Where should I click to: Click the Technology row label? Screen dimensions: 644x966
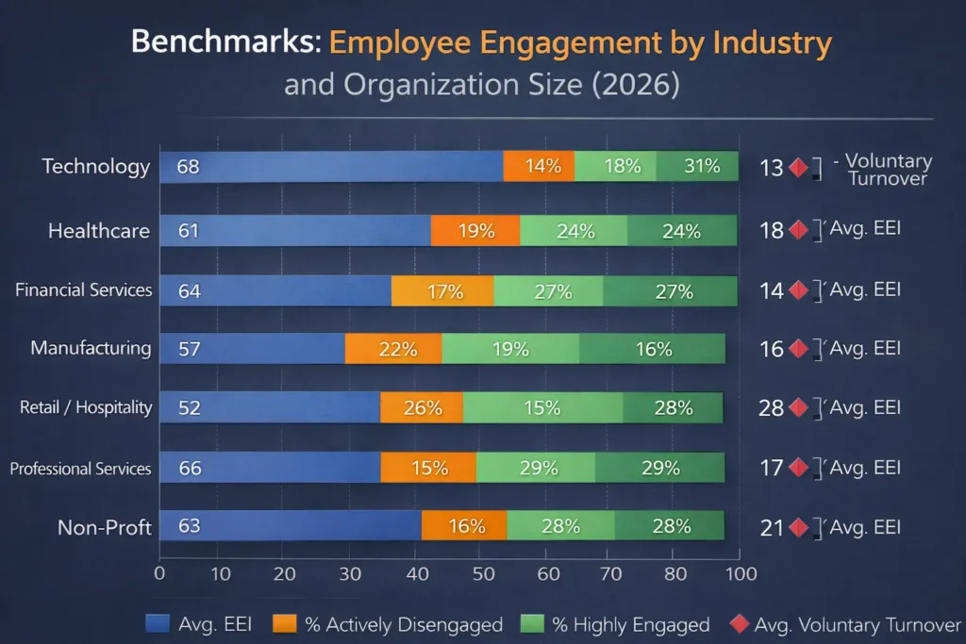pyautogui.click(x=95, y=167)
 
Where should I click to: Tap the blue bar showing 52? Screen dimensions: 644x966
pyautogui.click(x=269, y=408)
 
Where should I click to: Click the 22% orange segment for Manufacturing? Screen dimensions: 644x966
pyautogui.click(x=393, y=349)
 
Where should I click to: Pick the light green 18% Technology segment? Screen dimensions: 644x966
pyautogui.click(x=615, y=167)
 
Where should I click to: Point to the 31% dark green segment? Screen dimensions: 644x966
pyautogui.click(x=698, y=167)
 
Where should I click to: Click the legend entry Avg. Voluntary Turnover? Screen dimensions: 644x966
pyautogui.click(x=844, y=624)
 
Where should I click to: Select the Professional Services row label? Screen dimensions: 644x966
pyautogui.click(x=80, y=469)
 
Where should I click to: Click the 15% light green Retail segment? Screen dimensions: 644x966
pyautogui.click(x=542, y=408)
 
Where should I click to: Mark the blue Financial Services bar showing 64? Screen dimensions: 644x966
pyautogui.click(x=275, y=290)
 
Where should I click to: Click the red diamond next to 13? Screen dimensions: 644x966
pyautogui.click(x=799, y=169)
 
